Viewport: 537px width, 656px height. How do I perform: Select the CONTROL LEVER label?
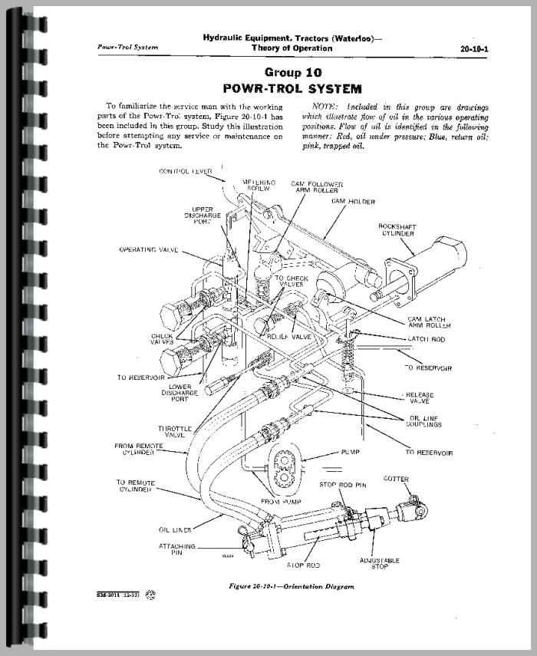coord(186,171)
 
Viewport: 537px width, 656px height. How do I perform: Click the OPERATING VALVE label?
coord(149,249)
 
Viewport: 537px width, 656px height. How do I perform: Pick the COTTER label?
coord(417,480)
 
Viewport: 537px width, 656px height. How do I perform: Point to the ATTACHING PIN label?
coord(179,550)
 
